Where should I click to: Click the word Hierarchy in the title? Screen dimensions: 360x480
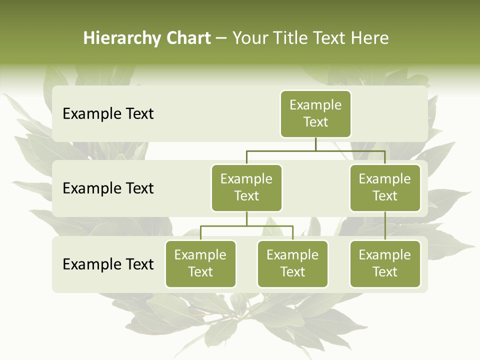pyautogui.click(x=118, y=38)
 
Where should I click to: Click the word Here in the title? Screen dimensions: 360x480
pyautogui.click(x=369, y=38)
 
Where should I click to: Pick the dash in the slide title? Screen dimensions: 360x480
pyautogui.click(x=221, y=38)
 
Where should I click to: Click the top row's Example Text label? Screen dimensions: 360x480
pyautogui.click(x=108, y=114)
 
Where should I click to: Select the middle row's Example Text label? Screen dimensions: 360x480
pyautogui.click(x=108, y=188)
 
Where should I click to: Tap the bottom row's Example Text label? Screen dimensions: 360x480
pyautogui.click(x=108, y=264)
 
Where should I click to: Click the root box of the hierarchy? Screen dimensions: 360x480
pyautogui.click(x=315, y=113)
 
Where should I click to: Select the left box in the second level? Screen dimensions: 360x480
pyautogui.click(x=246, y=187)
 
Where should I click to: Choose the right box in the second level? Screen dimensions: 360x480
pyautogui.click(x=385, y=187)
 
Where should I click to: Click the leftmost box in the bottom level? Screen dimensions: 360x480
pyautogui.click(x=200, y=263)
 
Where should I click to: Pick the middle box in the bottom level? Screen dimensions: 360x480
pyautogui.click(x=292, y=263)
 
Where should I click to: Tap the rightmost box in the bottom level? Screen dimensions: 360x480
pyautogui.click(x=385, y=263)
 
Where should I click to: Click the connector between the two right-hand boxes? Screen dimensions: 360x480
pyautogui.click(x=385, y=225)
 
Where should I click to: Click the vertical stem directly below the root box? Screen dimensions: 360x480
pyautogui.click(x=315, y=144)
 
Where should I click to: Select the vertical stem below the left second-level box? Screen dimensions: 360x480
pyautogui.click(x=246, y=218)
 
